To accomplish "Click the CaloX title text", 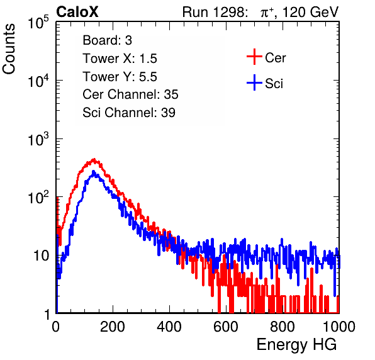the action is point(77,12).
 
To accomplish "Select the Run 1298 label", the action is point(215,12).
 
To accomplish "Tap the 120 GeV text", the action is point(311,12).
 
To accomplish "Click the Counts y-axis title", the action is point(9,49).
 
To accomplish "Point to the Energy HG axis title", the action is point(296,344).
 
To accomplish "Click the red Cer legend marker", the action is point(254,57).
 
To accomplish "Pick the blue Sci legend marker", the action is point(254,82).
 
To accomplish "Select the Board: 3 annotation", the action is point(107,40).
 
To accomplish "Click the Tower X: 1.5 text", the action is point(120,59).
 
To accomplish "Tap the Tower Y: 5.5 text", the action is point(120,77).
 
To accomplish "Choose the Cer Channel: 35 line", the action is point(130,94).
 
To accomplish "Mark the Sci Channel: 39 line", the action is point(129,113).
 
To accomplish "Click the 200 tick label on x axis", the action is point(113,327).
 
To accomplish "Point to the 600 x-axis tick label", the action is point(226,327).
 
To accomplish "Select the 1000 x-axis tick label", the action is point(339,327).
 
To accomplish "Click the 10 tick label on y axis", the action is point(41,256).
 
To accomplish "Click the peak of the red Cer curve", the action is point(94,159).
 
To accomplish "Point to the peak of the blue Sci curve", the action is point(94,172).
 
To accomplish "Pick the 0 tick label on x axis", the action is point(56,327).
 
